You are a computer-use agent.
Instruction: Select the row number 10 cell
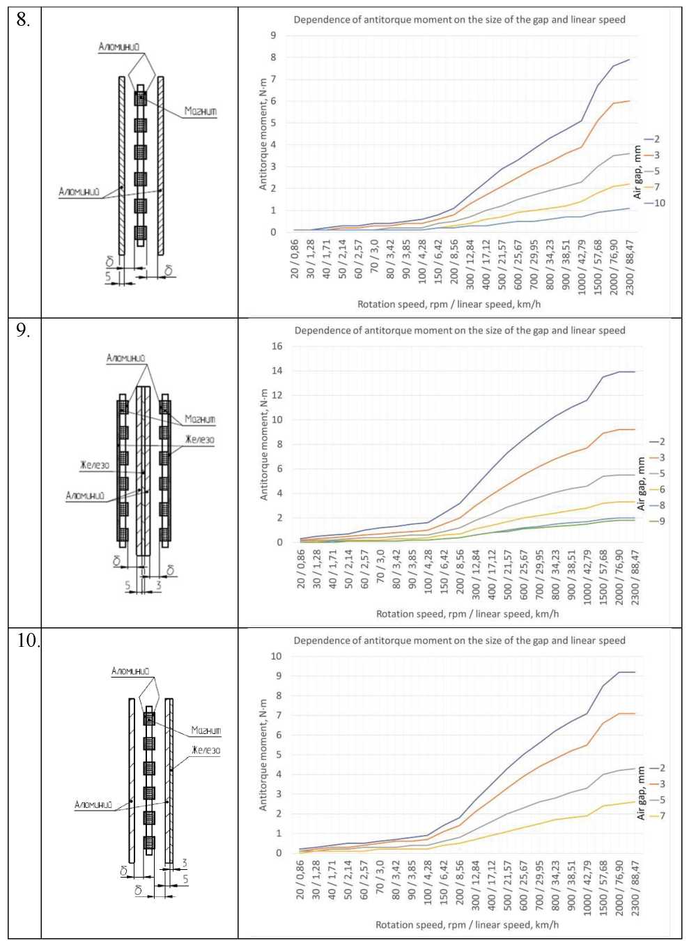click(x=26, y=641)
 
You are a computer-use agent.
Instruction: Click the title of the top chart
click(x=459, y=20)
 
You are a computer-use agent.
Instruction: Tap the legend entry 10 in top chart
click(x=658, y=203)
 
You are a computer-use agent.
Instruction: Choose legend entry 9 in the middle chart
click(x=661, y=521)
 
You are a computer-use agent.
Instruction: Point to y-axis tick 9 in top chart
click(x=273, y=36)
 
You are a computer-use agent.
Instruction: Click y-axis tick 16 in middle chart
click(x=277, y=346)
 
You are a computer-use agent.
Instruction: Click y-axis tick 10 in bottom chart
click(x=276, y=656)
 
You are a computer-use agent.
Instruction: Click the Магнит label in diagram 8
click(x=201, y=111)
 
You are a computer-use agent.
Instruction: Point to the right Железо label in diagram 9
click(x=200, y=440)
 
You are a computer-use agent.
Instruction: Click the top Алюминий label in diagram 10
click(x=130, y=671)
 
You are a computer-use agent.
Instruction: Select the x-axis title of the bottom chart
click(x=467, y=924)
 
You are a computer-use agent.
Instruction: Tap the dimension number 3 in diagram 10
click(x=184, y=863)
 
